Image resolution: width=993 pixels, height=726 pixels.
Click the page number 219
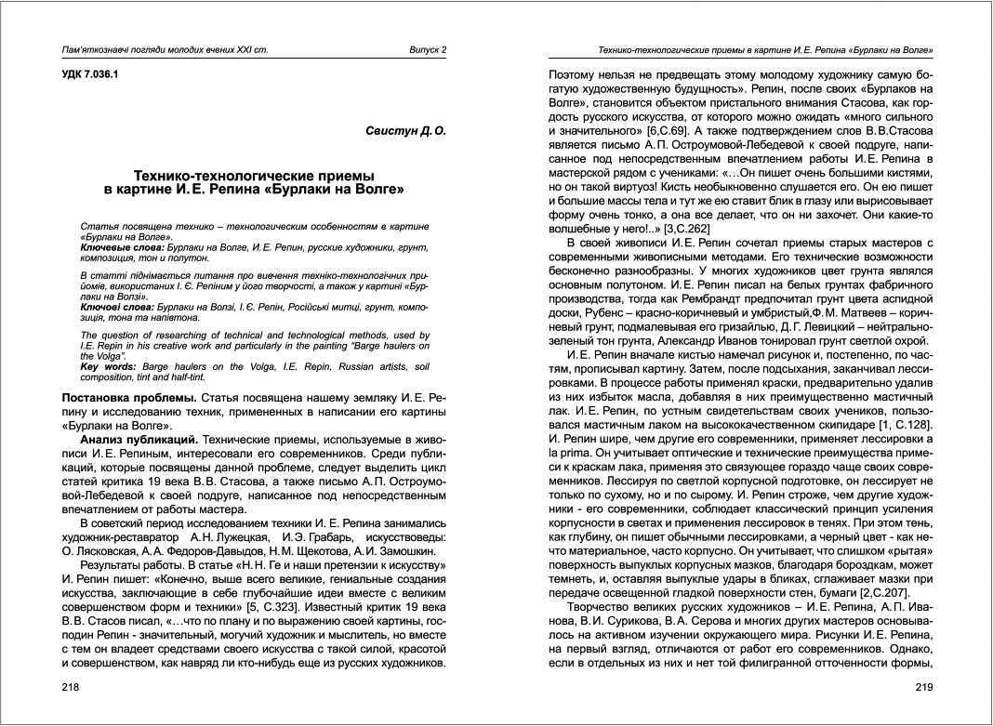click(x=923, y=688)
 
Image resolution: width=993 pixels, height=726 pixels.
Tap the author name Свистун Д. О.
click(x=406, y=131)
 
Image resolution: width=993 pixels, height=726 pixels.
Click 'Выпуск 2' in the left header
click(x=429, y=49)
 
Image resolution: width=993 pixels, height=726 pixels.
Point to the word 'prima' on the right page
click(x=576, y=453)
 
